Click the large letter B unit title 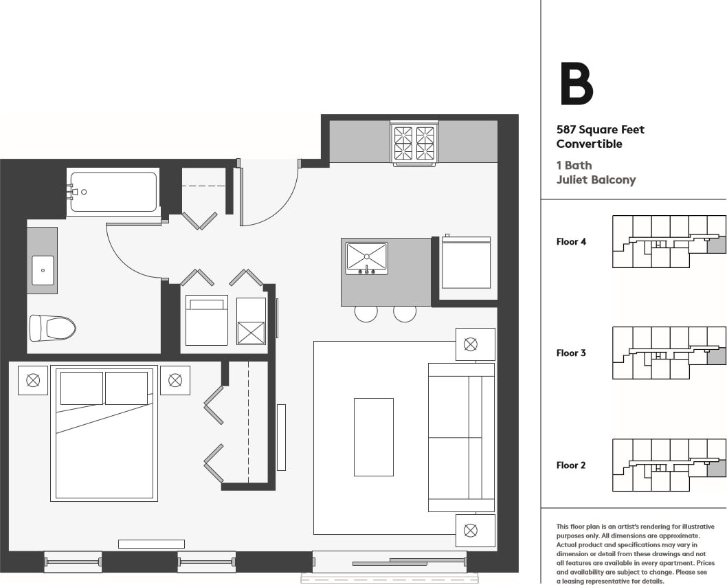[x=577, y=84]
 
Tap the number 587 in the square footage [x=566, y=129]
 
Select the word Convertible [x=590, y=144]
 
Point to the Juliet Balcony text [x=596, y=180]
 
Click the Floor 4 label [x=571, y=242]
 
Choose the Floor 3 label [x=571, y=353]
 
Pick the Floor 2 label [x=571, y=465]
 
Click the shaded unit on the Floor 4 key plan [x=717, y=245]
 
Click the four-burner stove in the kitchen [x=414, y=144]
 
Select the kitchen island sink [x=367, y=258]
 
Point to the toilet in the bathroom [x=52, y=328]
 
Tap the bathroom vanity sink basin [x=43, y=270]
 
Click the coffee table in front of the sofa [x=374, y=437]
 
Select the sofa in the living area [x=461, y=437]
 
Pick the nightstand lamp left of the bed [x=33, y=380]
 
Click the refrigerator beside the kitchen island [x=466, y=263]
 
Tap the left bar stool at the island [x=366, y=313]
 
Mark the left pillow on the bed [x=82, y=388]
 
